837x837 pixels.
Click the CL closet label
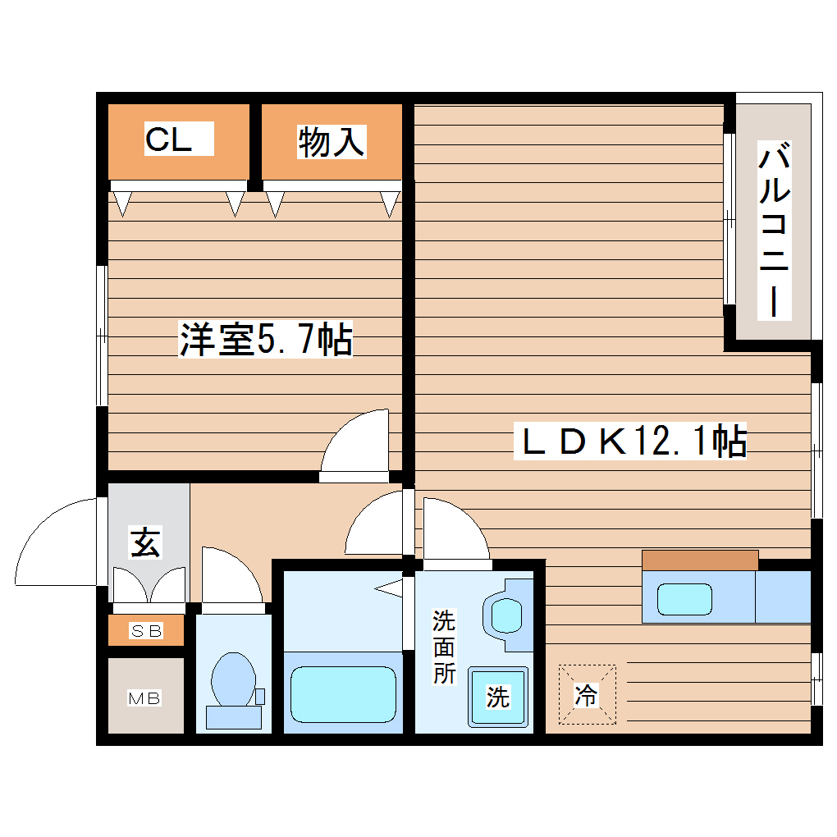[x=169, y=140]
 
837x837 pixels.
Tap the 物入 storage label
[x=331, y=142]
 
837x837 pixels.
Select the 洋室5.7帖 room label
[x=266, y=340]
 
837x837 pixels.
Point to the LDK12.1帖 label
[x=630, y=441]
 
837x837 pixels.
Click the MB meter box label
[x=144, y=698]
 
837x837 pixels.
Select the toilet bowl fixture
[x=233, y=679]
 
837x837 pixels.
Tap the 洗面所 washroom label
[x=444, y=647]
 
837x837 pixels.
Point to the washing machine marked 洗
[x=499, y=697]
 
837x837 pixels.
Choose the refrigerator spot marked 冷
[x=586, y=696]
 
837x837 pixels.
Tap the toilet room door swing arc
[x=231, y=579]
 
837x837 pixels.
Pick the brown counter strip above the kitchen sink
[x=700, y=560]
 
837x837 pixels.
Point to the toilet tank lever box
[x=260, y=696]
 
